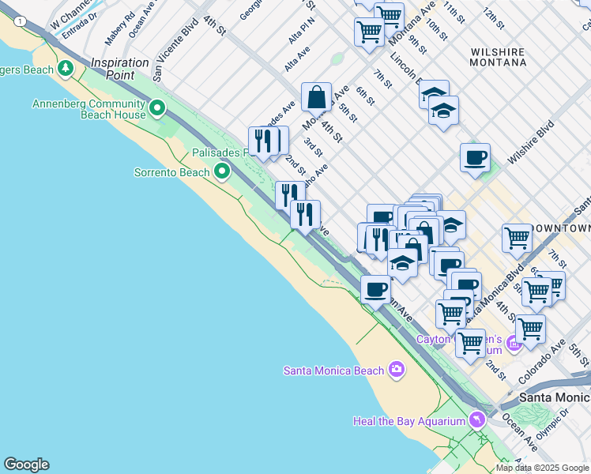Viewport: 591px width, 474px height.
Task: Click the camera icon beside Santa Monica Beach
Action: click(396, 370)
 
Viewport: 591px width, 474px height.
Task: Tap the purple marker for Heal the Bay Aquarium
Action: click(476, 420)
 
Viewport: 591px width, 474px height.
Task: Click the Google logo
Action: click(26, 465)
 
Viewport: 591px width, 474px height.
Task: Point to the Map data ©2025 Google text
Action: click(542, 468)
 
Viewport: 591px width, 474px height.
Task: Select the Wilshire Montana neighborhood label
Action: click(498, 57)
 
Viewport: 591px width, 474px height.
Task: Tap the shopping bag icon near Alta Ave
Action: click(316, 98)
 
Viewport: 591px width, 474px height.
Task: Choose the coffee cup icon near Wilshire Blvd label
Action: click(475, 157)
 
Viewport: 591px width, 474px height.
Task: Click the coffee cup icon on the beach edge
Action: click(375, 289)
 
